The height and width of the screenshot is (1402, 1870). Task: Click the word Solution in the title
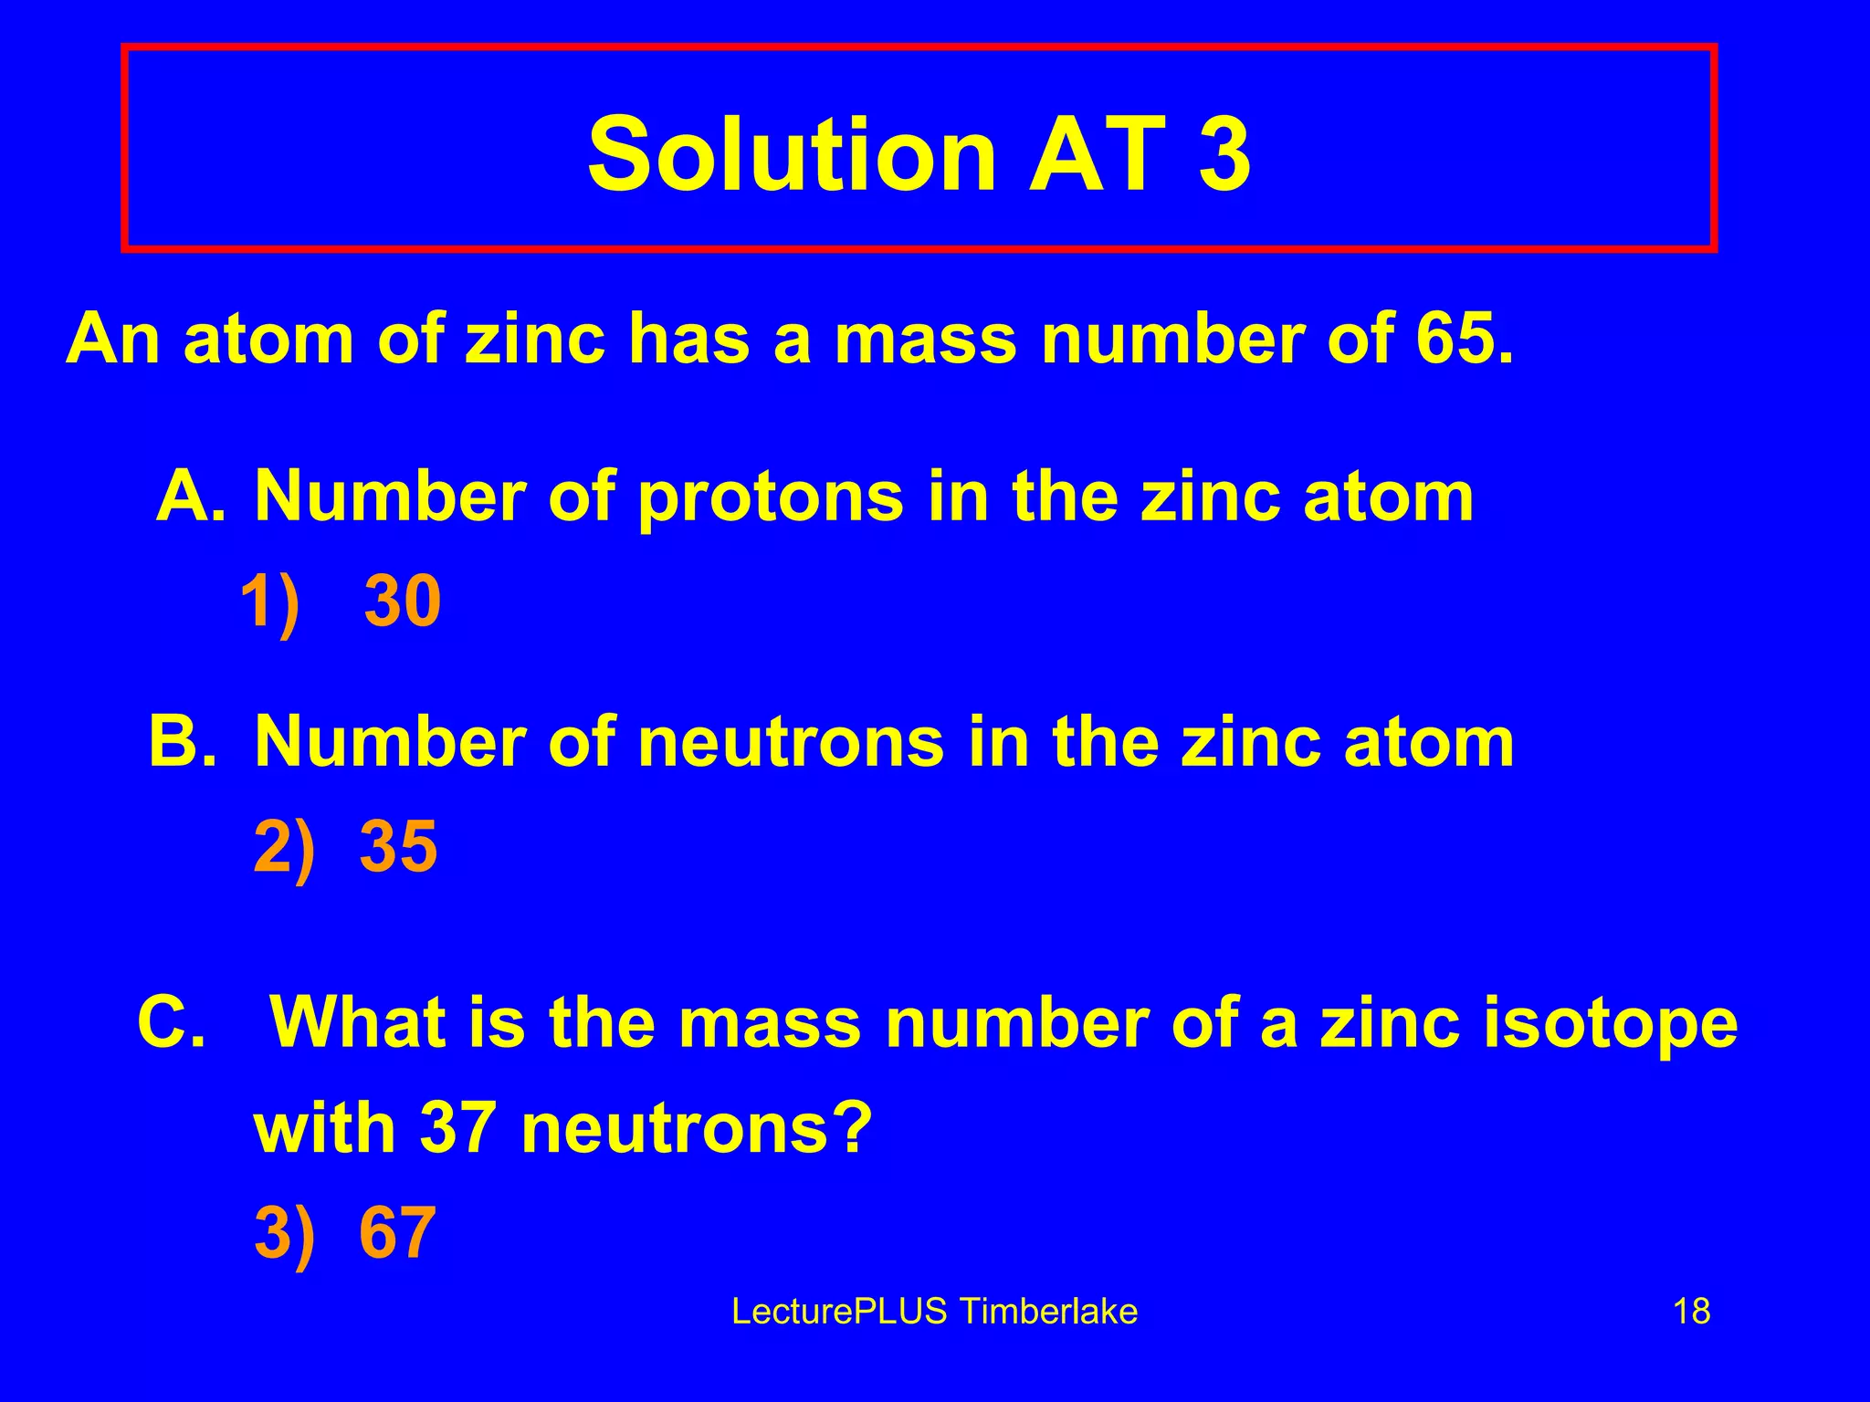791,153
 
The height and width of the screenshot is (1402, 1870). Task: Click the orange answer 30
403,602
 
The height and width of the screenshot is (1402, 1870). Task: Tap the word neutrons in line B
791,742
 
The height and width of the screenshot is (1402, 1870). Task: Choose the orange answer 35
399,846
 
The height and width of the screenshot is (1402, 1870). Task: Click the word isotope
1609,1022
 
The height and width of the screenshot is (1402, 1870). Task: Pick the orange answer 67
397,1232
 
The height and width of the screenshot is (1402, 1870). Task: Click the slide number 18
1691,1312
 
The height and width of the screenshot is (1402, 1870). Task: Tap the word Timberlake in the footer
1049,1312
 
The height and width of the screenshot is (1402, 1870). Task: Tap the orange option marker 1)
270,602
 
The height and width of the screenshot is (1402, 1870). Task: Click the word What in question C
359,1022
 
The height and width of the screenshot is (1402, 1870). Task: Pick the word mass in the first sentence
925,339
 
